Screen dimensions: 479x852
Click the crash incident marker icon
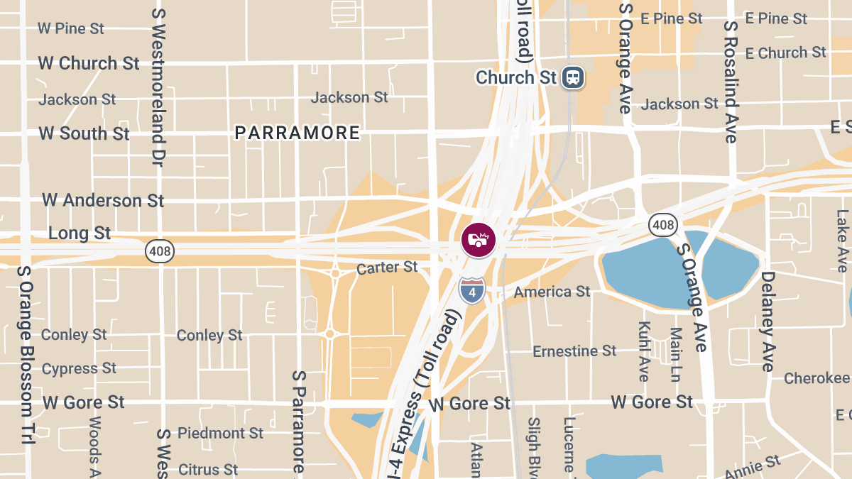(478, 239)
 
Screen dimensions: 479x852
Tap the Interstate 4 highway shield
(472, 290)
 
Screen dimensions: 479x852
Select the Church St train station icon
(572, 77)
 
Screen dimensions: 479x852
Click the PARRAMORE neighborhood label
(297, 133)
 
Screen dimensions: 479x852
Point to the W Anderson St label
(103, 200)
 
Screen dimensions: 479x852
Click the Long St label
(80, 233)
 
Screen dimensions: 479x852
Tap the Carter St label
(387, 268)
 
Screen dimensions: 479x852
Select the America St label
(552, 292)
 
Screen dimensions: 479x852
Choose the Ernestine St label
(574, 351)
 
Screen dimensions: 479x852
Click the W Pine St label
(71, 28)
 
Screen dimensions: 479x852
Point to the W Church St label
(89, 63)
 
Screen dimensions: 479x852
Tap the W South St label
(84, 133)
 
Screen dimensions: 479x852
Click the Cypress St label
(79, 368)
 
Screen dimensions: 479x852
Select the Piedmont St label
(220, 433)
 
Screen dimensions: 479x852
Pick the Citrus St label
(208, 470)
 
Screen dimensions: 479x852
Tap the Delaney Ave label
(768, 321)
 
